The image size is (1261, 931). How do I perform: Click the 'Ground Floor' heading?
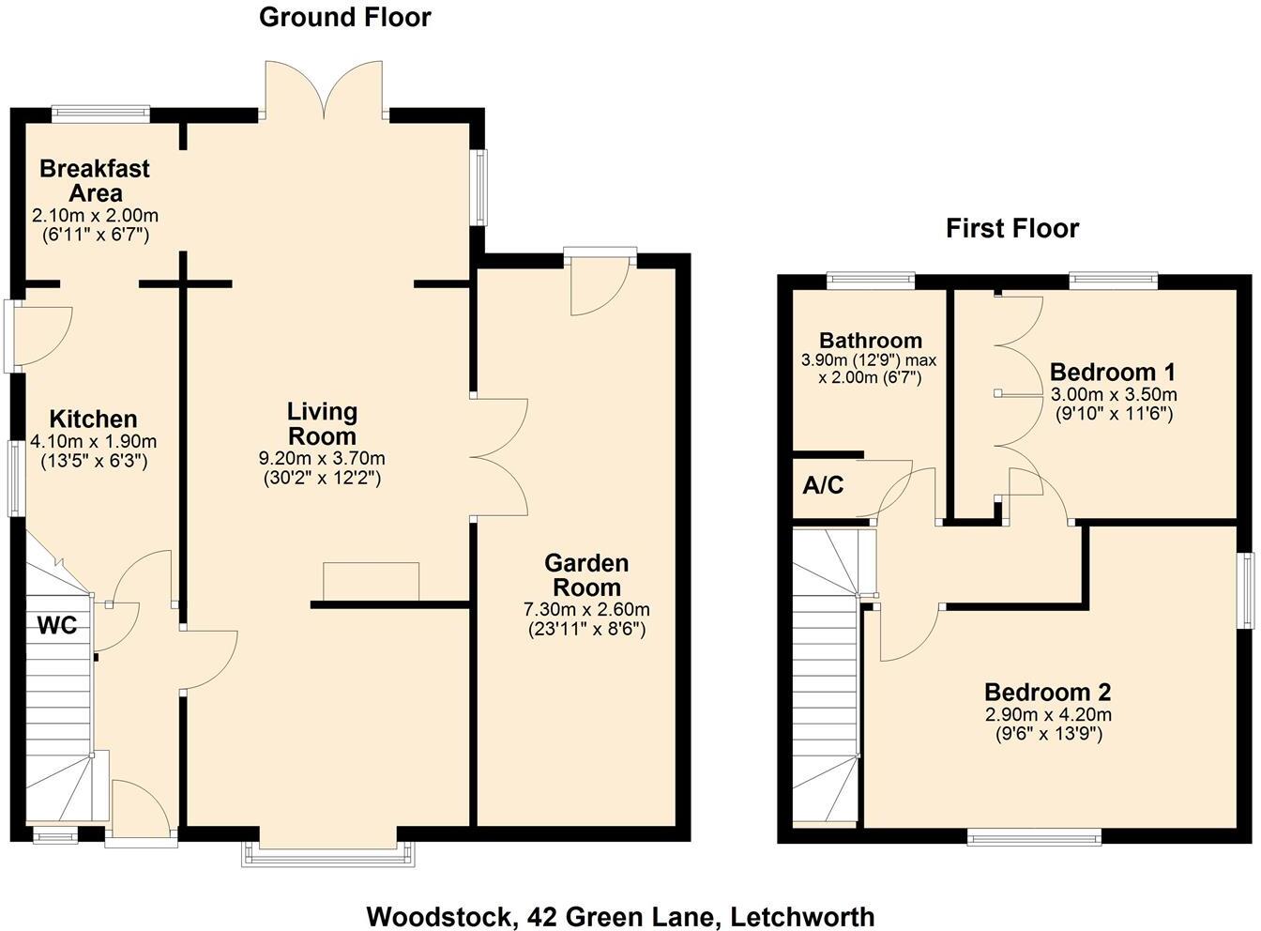344,17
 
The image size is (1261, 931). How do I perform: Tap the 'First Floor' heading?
1012,228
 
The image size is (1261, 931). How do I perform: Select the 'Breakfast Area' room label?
94,181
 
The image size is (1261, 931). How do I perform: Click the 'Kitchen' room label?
93,419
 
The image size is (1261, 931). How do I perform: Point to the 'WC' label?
56,625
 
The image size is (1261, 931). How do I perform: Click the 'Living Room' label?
322,423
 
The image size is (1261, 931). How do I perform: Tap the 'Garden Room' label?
586,574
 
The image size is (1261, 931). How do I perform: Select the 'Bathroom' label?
870,340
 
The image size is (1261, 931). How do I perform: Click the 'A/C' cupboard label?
823,485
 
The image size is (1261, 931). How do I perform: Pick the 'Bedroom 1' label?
1112,371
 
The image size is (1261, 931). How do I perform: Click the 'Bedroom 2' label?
1047,693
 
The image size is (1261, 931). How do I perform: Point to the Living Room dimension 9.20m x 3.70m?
322,459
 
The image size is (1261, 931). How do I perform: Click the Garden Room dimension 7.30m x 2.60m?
586,610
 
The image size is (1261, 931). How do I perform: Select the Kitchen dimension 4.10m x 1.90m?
93,442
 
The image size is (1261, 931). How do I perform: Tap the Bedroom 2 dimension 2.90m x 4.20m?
1047,715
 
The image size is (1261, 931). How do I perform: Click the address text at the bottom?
620,916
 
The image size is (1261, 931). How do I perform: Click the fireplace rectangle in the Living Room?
371,581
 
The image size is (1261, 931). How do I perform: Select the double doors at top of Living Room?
325,91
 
